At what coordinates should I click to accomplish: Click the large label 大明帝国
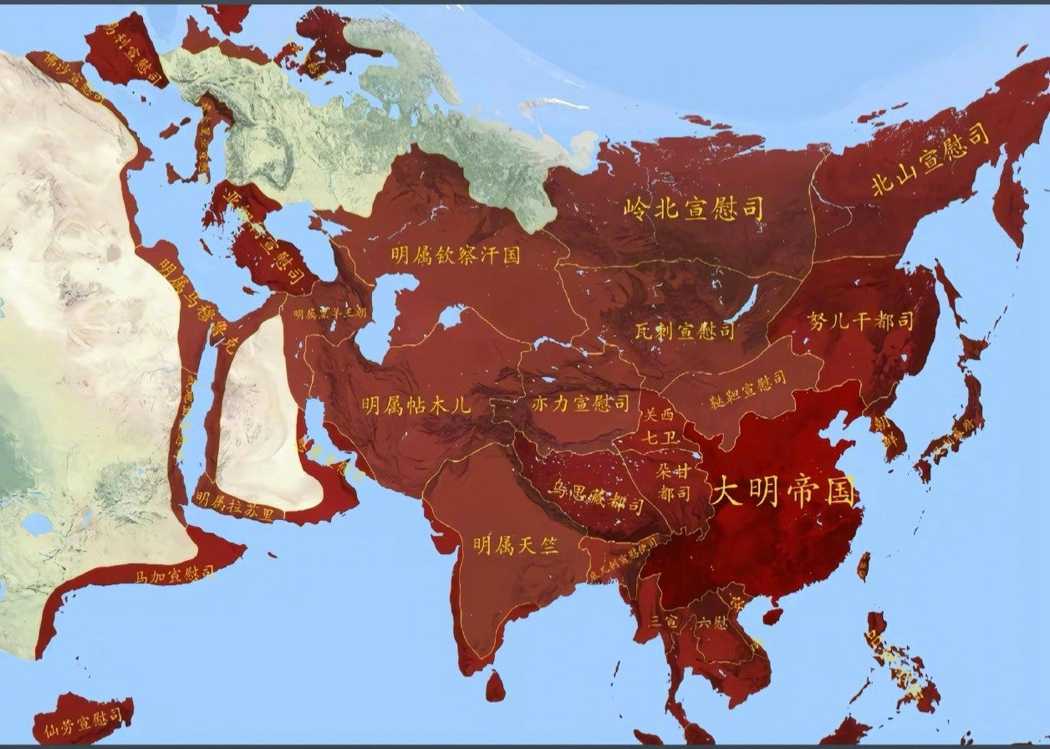click(x=783, y=492)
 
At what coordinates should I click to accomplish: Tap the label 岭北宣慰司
click(x=694, y=209)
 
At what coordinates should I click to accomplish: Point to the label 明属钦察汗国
click(x=456, y=255)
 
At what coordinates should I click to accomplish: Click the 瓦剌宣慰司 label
click(x=684, y=330)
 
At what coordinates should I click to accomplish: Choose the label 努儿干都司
click(x=860, y=321)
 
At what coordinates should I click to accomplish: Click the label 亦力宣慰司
click(x=580, y=405)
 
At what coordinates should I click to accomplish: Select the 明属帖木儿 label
click(x=416, y=405)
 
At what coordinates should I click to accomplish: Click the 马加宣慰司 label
click(x=175, y=575)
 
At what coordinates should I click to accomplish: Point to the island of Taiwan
click(x=864, y=566)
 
